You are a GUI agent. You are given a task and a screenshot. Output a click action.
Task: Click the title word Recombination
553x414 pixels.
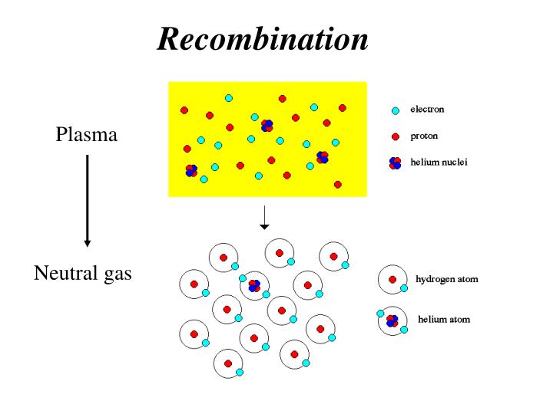(263, 38)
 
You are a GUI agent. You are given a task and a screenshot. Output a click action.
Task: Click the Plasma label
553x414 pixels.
(87, 136)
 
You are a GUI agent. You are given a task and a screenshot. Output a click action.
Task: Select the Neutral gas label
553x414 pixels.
(83, 273)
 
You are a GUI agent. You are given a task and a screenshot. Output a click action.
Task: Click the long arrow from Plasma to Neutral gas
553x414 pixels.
(88, 199)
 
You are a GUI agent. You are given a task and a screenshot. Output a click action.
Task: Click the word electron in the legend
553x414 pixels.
(427, 110)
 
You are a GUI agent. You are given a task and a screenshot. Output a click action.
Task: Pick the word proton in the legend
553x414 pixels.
(424, 136)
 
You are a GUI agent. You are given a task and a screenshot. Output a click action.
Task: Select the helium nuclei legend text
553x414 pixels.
(439, 162)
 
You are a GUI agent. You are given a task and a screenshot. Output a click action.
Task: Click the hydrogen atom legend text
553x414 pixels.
(446, 279)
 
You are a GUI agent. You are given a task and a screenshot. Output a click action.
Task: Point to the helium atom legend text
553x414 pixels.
(444, 319)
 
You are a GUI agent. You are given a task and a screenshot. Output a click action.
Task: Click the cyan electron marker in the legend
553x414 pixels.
(396, 110)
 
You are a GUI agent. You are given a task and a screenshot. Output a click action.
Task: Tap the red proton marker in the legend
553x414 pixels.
(396, 136)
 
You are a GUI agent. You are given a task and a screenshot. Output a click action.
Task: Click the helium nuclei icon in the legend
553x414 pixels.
(396, 163)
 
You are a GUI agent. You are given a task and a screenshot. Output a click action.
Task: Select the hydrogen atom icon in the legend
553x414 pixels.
(393, 280)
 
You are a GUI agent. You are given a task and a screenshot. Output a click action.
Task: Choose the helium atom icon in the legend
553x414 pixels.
(392, 320)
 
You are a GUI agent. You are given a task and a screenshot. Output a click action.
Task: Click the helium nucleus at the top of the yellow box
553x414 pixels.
(267, 126)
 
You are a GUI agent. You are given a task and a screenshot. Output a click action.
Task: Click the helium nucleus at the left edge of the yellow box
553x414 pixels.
(191, 170)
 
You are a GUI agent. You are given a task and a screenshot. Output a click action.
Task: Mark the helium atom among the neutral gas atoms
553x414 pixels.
(254, 286)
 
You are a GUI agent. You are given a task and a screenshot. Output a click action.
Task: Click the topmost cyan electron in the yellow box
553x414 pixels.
(229, 98)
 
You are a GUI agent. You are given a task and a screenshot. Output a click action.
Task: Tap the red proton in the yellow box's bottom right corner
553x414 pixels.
(338, 185)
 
